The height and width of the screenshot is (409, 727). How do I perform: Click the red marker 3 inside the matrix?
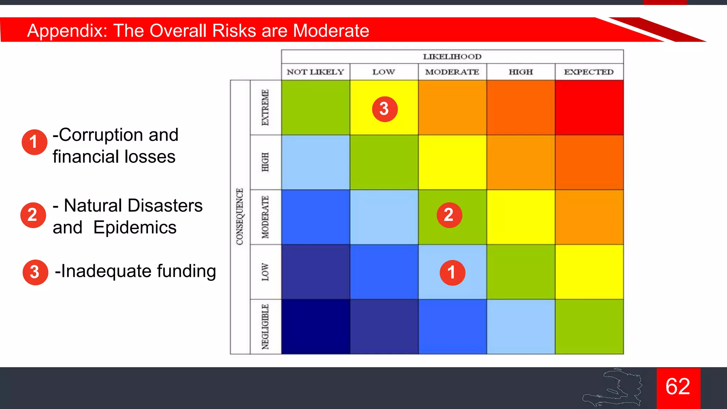[x=384, y=109]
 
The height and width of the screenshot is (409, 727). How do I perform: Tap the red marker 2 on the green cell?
[x=449, y=215]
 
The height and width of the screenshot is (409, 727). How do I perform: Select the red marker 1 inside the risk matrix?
[x=452, y=273]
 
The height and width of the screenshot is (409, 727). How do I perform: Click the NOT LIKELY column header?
[x=315, y=72]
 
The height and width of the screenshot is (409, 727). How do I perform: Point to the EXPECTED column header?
[x=589, y=72]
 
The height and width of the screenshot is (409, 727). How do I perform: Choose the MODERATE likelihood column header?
[x=452, y=72]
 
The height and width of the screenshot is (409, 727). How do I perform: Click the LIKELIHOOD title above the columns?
[x=452, y=57]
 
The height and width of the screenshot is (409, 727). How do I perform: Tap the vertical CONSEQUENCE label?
[x=240, y=217]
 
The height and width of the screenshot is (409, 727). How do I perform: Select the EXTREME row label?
[x=266, y=108]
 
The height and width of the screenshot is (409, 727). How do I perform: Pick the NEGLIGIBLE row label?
[x=266, y=327]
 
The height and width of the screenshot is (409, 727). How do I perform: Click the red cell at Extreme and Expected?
[x=589, y=108]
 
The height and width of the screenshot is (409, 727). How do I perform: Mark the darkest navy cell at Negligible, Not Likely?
[x=315, y=327]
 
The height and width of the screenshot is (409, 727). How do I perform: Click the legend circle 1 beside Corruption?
[x=34, y=142]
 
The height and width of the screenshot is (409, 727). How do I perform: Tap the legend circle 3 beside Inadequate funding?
[x=35, y=272]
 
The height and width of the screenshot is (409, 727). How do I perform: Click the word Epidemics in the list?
[x=135, y=228]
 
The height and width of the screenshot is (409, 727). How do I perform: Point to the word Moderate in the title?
[x=331, y=31]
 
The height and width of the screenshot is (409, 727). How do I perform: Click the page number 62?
[x=678, y=387]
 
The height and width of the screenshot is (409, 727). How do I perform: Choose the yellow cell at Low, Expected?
[x=589, y=272]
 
